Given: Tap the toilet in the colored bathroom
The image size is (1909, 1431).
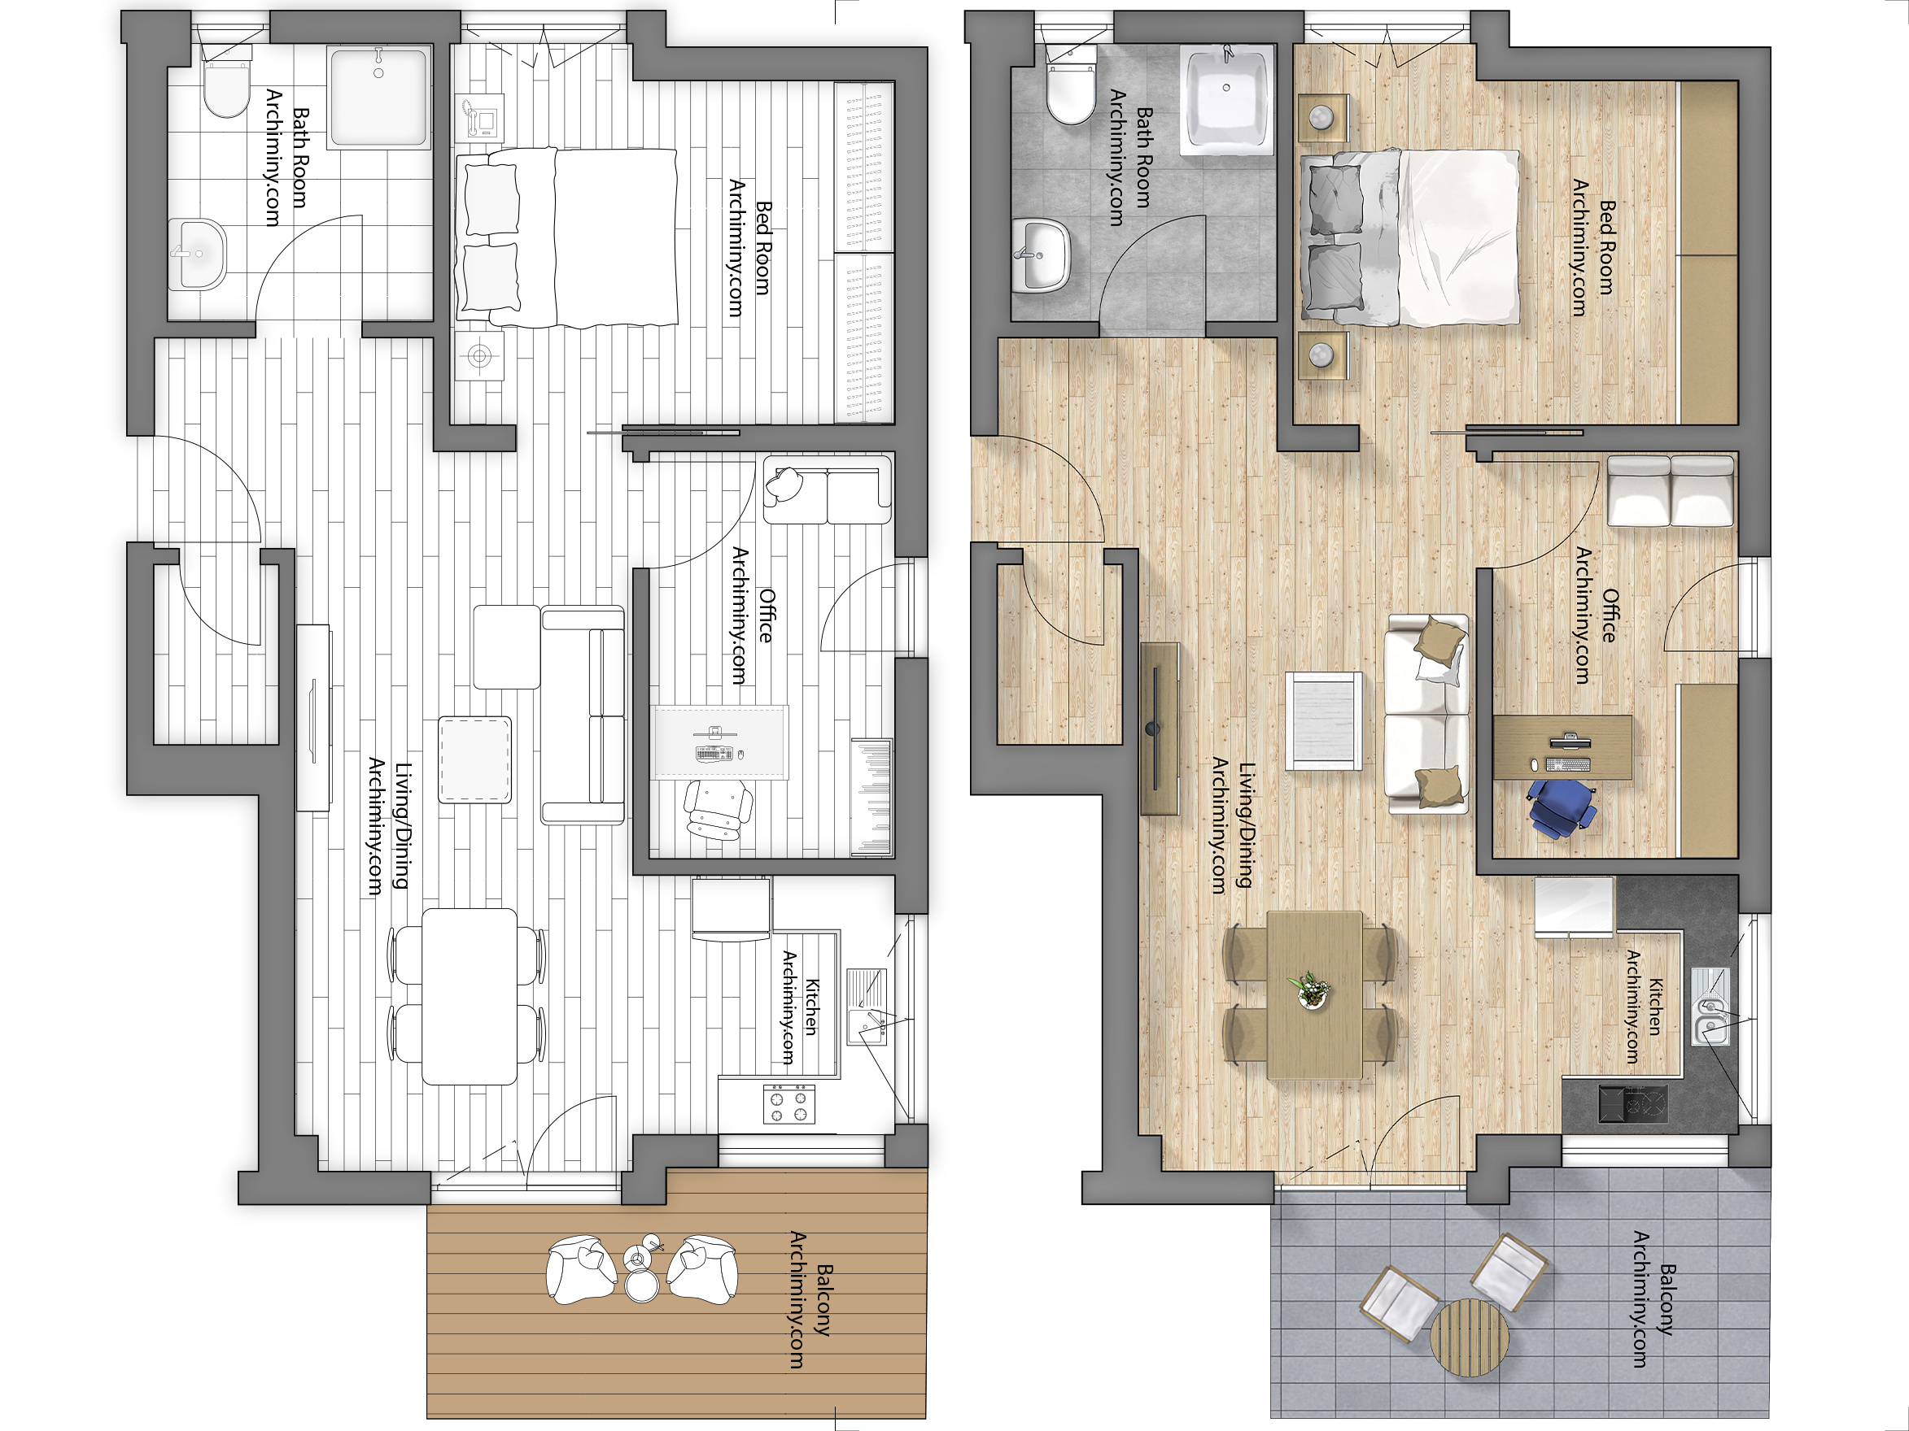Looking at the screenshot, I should click(x=1070, y=90).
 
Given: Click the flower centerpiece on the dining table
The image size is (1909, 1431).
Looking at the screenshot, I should click(x=1311, y=990).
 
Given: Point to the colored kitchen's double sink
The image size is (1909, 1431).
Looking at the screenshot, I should click(x=1710, y=1017).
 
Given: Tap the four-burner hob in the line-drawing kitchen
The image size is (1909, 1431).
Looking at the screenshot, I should click(x=788, y=1104).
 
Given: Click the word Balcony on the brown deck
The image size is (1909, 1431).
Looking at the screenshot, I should click(x=824, y=1299).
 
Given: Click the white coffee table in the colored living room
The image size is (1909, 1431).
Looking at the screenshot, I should click(x=1324, y=720).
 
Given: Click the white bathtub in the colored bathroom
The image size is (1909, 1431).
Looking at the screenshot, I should click(x=1226, y=99).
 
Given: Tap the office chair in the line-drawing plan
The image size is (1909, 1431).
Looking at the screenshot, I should click(x=716, y=808).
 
